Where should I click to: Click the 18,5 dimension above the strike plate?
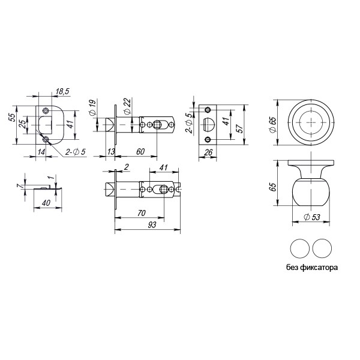tap(62, 91)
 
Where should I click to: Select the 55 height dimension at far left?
tap(12, 118)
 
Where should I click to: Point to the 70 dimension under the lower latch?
tap(142, 212)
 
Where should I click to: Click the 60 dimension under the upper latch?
tap(140, 151)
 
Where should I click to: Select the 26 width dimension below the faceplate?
tap(208, 152)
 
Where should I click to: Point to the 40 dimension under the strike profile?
tap(46, 203)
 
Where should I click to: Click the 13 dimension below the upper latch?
tap(111, 151)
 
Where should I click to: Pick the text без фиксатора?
tap(312, 268)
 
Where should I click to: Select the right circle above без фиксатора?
tap(322, 248)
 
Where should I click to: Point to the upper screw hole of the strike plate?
tap(47, 110)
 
